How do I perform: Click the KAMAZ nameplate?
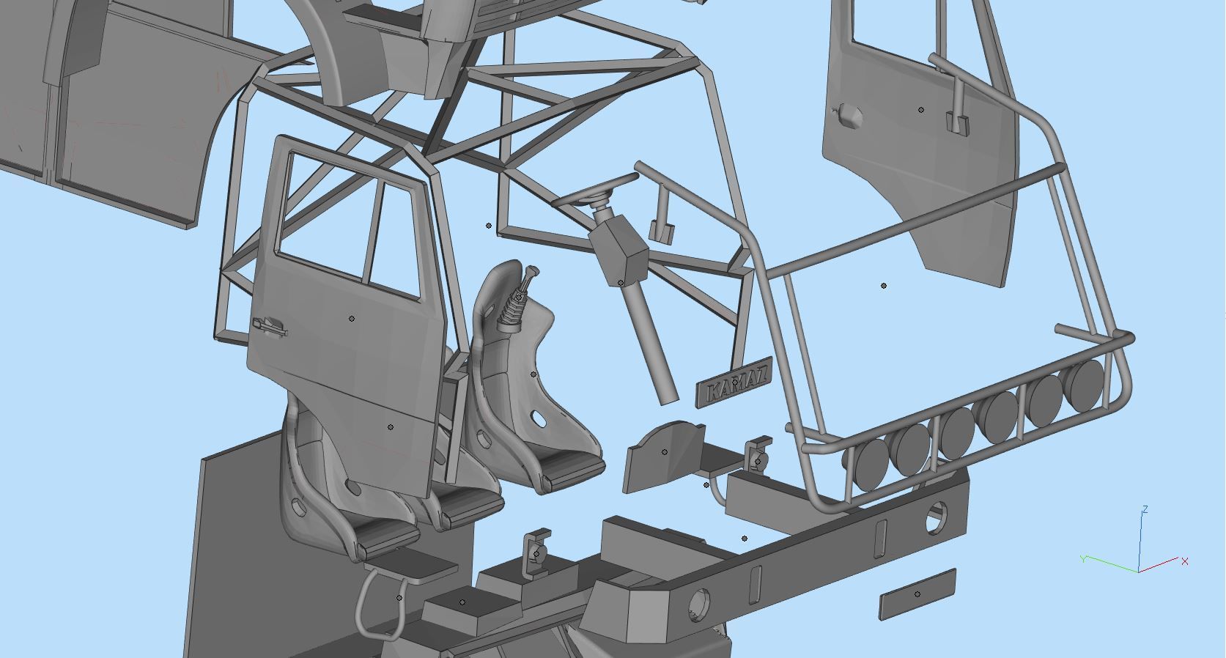(x=733, y=382)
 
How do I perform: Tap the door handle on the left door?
(x=269, y=326)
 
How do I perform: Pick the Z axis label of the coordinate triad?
(x=1145, y=509)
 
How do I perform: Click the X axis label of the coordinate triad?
(x=1185, y=561)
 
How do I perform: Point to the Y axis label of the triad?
(x=1083, y=559)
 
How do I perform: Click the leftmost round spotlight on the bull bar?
(x=869, y=461)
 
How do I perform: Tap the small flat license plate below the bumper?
(x=917, y=594)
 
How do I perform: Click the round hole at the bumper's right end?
(x=935, y=517)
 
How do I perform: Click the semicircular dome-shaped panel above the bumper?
(x=663, y=454)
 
